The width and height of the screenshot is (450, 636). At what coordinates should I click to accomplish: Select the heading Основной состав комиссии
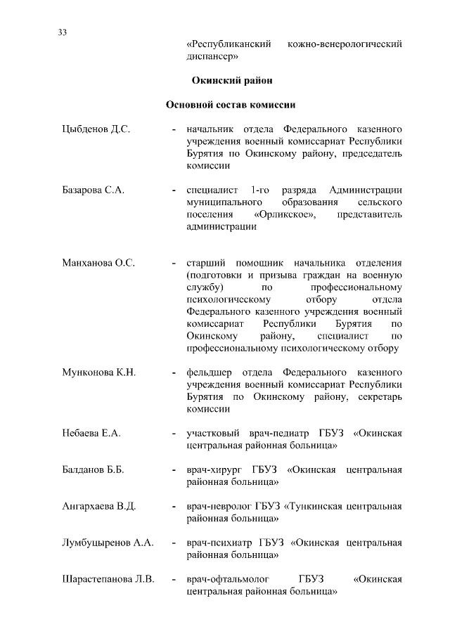pyautogui.click(x=230, y=105)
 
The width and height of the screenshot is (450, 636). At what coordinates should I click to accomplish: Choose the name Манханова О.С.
pyautogui.click(x=98, y=263)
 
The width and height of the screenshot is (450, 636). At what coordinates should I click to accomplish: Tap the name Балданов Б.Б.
pyautogui.click(x=94, y=469)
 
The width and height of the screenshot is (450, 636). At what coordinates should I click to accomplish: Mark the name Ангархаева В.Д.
pyautogui.click(x=98, y=506)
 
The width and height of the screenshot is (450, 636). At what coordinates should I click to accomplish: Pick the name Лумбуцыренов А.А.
pyautogui.click(x=108, y=543)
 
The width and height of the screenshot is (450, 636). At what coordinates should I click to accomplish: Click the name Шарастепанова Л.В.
pyautogui.click(x=108, y=579)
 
